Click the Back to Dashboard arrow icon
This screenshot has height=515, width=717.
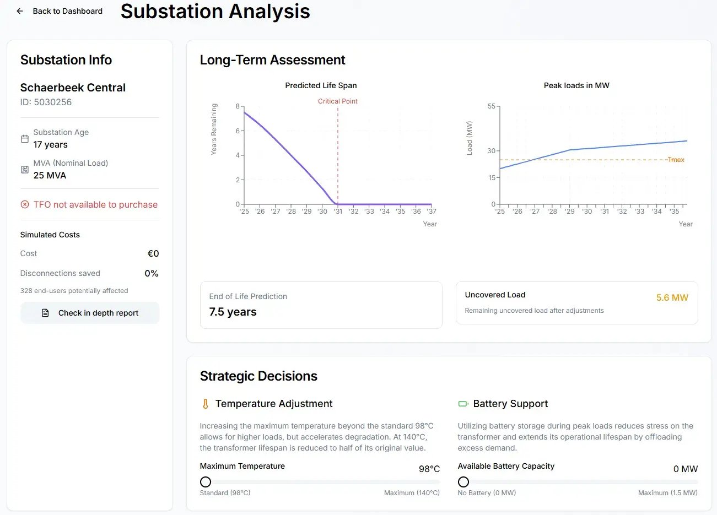20,11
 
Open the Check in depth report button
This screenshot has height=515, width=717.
90,313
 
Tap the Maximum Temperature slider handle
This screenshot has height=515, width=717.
206,482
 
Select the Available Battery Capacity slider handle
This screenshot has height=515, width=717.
463,482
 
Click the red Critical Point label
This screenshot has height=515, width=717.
337,101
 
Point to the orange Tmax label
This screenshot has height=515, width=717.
676,160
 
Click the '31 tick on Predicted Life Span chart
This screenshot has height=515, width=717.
338,212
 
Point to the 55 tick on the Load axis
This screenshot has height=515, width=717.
492,106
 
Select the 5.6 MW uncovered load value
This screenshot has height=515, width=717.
672,297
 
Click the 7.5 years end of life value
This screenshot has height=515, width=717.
233,312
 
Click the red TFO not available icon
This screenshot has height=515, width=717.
25,204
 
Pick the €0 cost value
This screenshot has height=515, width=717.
153,253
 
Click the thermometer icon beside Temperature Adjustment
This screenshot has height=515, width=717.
206,404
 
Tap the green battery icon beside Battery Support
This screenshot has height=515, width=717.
463,404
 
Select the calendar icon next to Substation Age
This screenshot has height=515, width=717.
25,139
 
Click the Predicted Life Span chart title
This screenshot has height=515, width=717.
321,85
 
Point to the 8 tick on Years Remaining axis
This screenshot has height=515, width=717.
238,106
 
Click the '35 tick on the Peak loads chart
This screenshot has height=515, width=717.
674,212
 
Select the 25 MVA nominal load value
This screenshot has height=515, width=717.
50,175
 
